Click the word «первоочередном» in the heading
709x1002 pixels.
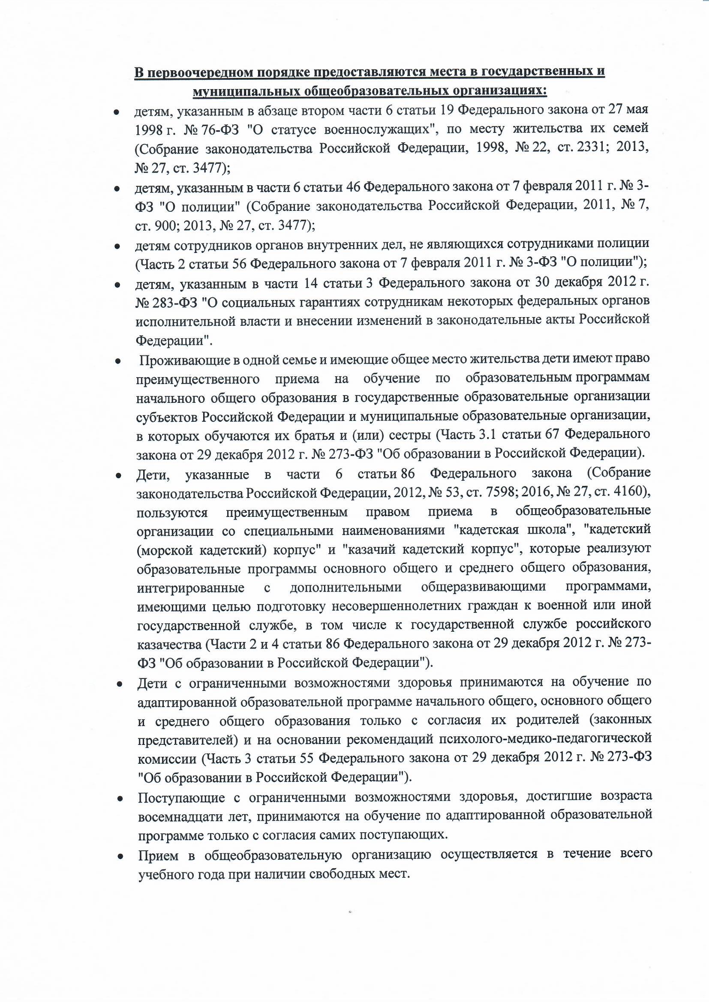199,72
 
